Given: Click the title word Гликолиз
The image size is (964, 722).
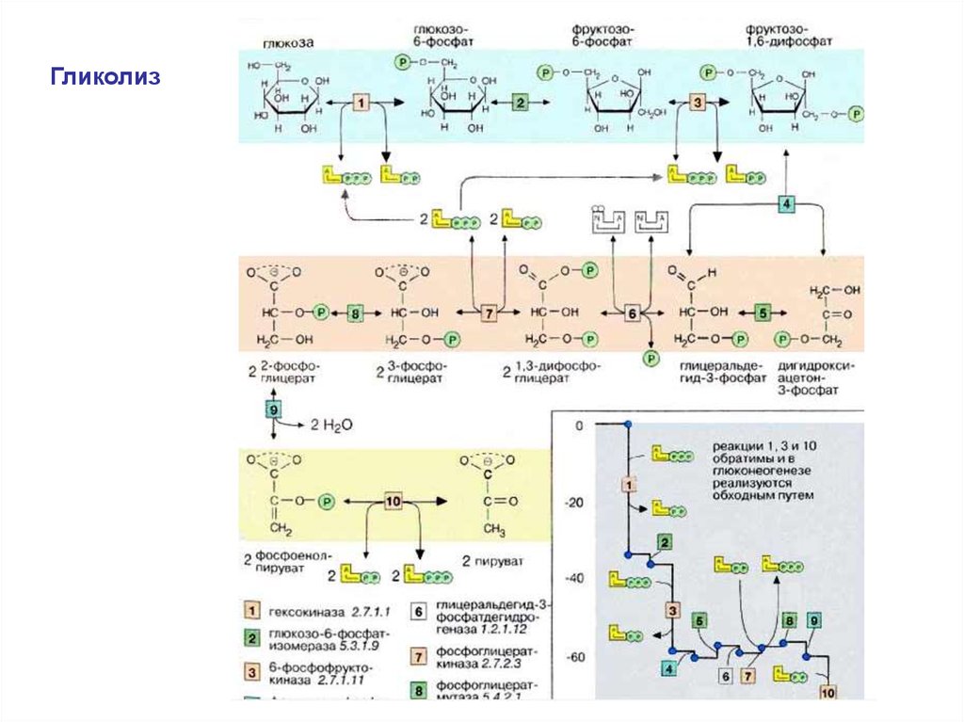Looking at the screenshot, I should (105, 74).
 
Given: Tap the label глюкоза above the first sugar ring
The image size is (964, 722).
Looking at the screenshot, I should (288, 41).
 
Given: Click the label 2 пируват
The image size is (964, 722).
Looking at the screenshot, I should (493, 560).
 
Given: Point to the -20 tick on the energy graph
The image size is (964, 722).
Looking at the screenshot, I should (573, 503).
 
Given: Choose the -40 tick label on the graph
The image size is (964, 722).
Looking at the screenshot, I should (573, 578).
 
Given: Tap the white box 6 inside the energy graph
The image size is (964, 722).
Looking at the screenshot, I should (725, 676).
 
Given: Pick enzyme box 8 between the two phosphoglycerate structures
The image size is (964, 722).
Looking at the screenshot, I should (354, 313).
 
